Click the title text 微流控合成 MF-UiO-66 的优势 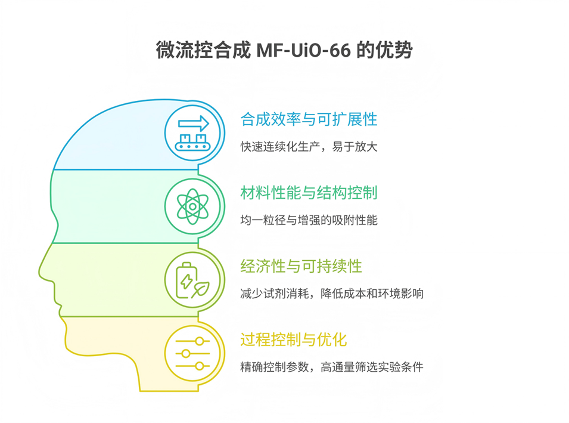tap(284, 51)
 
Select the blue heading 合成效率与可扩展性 tap(309, 119)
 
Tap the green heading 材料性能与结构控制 tap(309, 192)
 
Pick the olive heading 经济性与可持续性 tap(301, 265)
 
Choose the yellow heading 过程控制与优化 tap(294, 339)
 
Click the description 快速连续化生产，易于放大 tap(309, 146)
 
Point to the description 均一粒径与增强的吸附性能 tap(309, 220)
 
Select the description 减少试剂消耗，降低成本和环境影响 tap(332, 293)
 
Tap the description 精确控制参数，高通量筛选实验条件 tap(332, 367)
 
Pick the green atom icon tap(192, 206)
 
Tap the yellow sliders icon tap(192, 353)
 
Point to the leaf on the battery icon tap(201, 288)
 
